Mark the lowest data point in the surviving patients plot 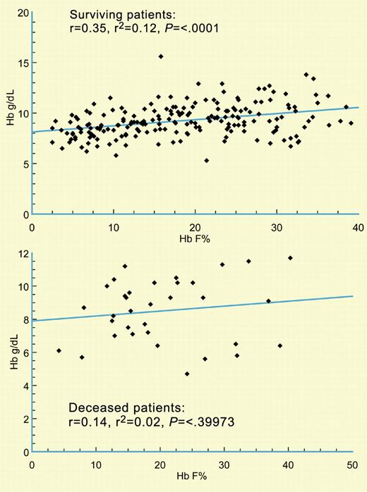tap(206, 161)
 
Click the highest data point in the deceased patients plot tap(290, 258)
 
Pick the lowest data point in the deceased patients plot tap(187, 374)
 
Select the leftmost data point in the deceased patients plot tap(59, 351)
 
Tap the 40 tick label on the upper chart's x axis tap(358, 228)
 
